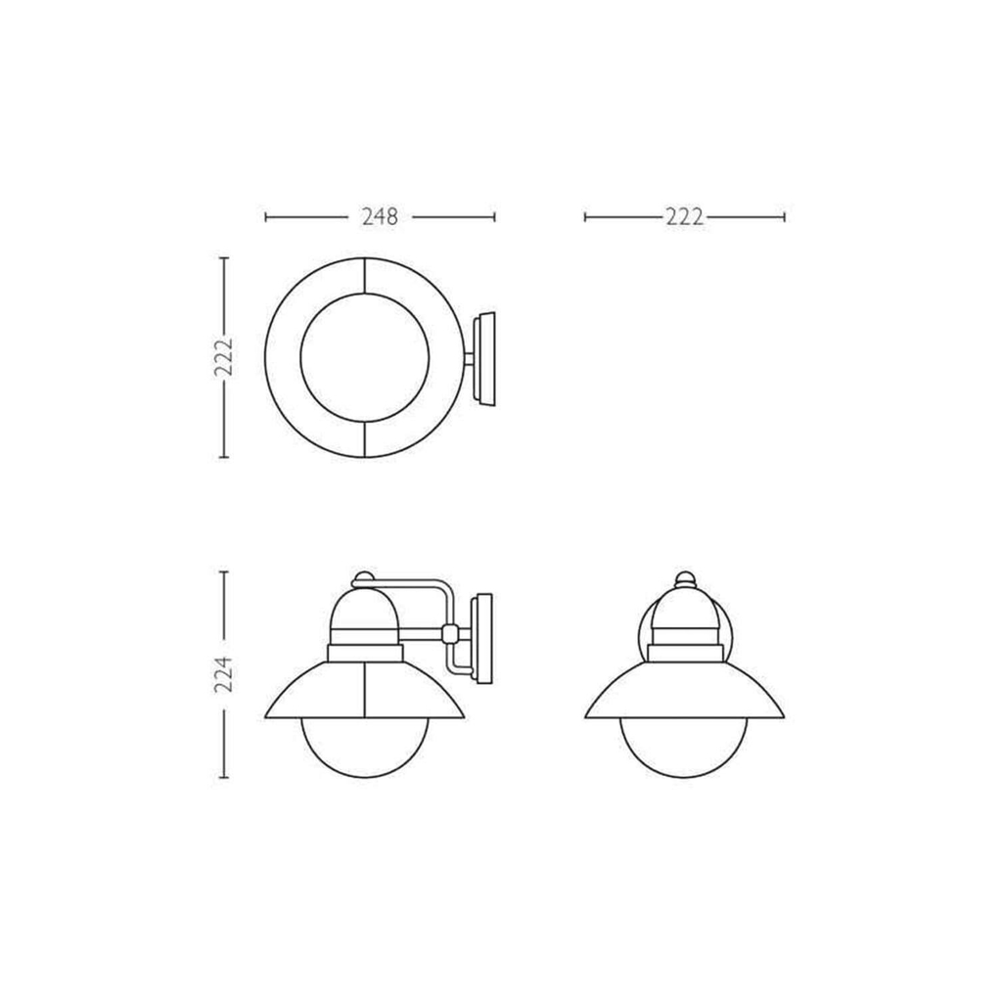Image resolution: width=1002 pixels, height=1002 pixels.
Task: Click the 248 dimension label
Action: (380, 217)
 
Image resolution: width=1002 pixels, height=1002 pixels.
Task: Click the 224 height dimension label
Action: (224, 674)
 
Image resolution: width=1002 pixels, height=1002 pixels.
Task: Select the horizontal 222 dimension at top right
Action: (684, 217)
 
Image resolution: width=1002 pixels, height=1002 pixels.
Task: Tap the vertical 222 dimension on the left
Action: (224, 357)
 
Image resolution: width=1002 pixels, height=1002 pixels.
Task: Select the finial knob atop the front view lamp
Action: (684, 579)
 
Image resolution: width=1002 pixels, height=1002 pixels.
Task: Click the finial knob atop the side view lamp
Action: (363, 579)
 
